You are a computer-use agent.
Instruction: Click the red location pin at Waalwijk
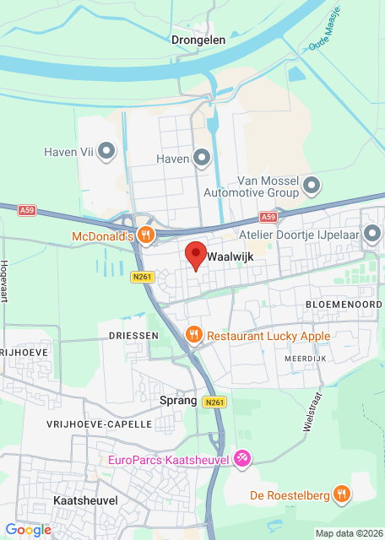click(x=196, y=254)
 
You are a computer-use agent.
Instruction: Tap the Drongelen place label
click(x=196, y=39)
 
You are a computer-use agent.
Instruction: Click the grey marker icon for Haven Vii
click(x=106, y=152)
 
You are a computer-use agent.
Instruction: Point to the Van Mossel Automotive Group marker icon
click(x=312, y=185)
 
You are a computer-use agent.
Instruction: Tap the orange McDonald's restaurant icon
click(x=146, y=235)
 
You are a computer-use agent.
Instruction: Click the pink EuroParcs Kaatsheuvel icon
click(x=242, y=459)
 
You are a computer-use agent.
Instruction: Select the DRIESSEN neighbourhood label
click(x=133, y=336)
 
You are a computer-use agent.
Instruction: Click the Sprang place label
click(x=179, y=401)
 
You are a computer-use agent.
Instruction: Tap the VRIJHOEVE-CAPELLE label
click(x=100, y=424)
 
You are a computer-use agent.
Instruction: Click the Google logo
click(x=28, y=529)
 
